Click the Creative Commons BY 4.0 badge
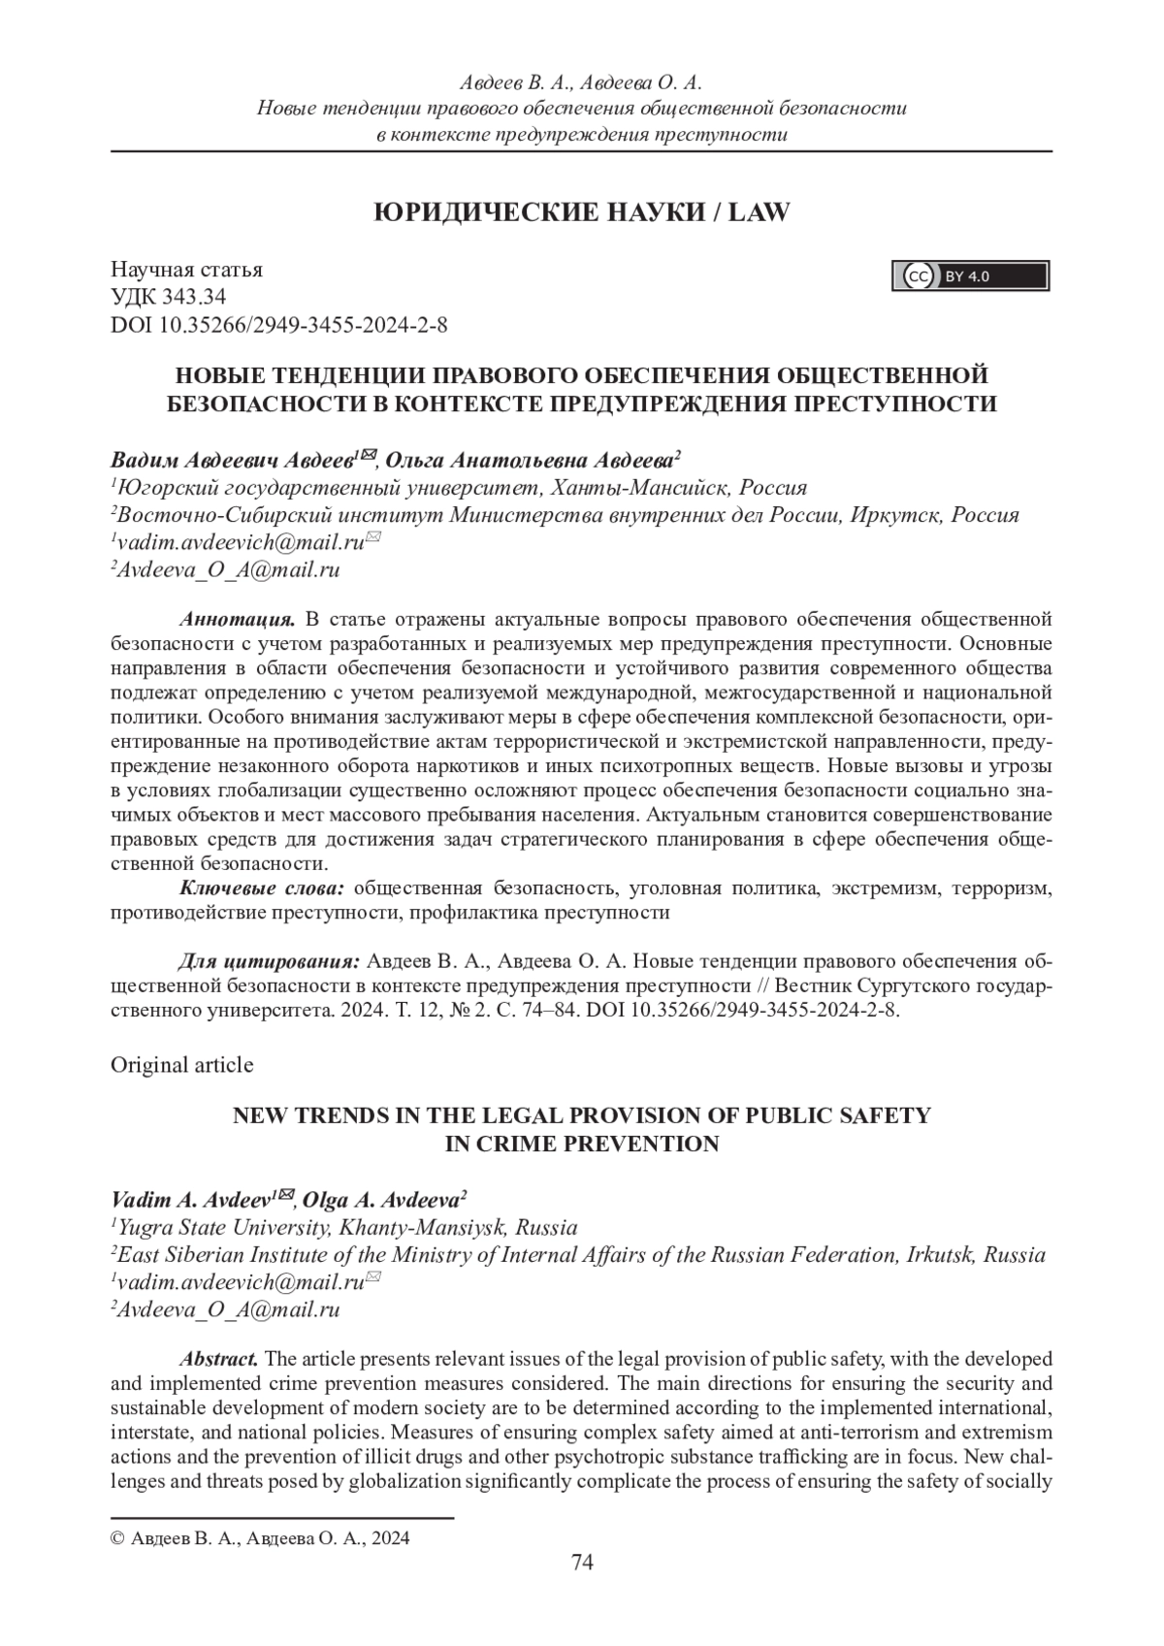970,276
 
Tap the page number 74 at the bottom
582,1562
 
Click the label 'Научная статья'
186,270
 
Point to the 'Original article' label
182,1065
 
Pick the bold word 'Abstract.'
219,1358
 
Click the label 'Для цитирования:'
270,961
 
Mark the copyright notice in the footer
260,1538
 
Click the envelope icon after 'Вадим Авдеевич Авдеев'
368,455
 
